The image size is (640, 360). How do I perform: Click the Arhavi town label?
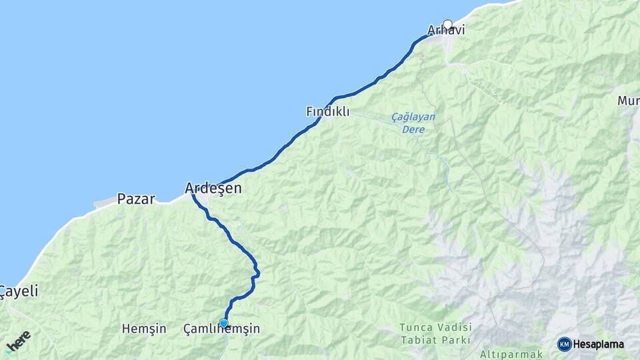(446, 31)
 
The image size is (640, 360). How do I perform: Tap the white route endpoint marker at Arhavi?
(447, 24)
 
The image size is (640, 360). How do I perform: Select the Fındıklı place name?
(327, 112)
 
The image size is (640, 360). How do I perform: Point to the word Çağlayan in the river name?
(413, 117)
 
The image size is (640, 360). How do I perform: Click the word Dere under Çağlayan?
(413, 129)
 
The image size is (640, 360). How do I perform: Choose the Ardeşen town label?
(213, 189)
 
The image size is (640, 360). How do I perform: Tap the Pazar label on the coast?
(136, 199)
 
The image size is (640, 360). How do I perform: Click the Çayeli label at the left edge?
(19, 291)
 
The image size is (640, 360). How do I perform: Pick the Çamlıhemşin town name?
(221, 329)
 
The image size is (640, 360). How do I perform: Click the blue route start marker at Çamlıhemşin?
(223, 323)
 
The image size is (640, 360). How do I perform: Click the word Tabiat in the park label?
(418, 339)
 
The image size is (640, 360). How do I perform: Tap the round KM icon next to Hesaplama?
(564, 344)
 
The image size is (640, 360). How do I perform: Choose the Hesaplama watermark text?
(599, 345)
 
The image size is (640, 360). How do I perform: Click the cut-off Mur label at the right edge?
(628, 101)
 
